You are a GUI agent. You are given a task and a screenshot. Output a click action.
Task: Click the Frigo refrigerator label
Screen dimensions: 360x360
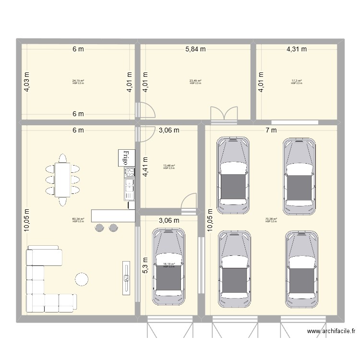(125, 158)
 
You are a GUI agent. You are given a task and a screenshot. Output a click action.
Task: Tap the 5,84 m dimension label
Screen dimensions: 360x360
(195, 48)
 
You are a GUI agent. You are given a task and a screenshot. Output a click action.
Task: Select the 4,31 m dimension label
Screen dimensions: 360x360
(297, 48)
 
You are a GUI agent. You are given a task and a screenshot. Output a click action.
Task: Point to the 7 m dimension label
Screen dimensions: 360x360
(272, 130)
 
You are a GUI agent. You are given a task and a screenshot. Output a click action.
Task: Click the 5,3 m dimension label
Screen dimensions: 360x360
(145, 265)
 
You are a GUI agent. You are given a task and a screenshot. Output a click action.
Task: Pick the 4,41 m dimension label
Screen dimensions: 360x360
(145, 166)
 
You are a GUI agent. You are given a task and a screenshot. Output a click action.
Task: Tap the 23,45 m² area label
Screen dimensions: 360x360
(195, 81)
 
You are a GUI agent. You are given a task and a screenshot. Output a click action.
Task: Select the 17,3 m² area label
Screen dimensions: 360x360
(296, 81)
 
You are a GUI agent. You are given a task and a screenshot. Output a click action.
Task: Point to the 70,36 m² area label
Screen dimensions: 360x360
(271, 219)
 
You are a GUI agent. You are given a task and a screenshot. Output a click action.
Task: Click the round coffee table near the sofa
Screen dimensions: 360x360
(81, 279)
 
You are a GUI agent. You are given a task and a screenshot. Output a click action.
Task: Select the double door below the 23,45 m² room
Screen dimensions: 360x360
(224, 113)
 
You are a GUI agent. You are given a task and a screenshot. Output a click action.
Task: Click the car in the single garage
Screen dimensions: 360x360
(168, 266)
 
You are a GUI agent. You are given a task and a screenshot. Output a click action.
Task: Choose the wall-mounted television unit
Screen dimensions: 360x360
(126, 278)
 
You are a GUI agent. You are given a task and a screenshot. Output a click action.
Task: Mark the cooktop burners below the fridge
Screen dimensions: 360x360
(129, 173)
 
